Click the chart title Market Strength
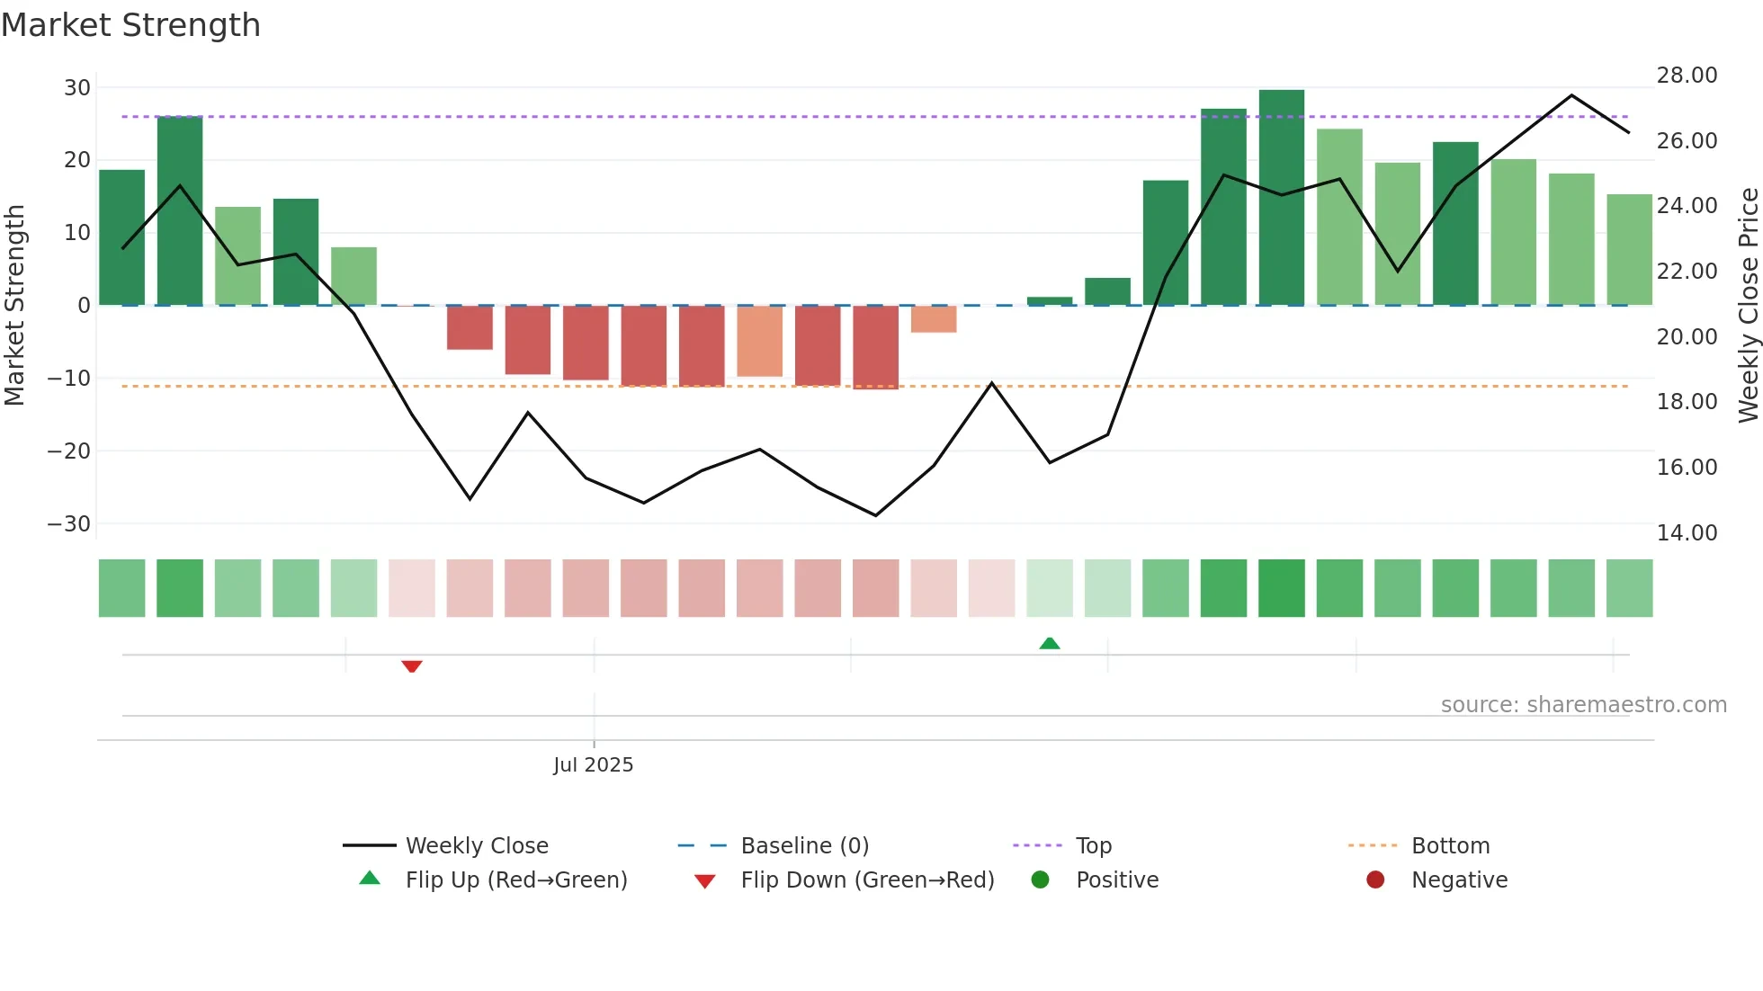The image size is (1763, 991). coord(130,25)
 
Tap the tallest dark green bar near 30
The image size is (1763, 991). coord(1281,198)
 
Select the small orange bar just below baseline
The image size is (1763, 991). coord(934,319)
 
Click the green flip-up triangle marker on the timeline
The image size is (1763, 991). coord(1050,643)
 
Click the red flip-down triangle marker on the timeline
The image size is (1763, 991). coord(412,666)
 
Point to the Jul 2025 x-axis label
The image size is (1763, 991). coord(593,764)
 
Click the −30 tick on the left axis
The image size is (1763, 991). coord(69,523)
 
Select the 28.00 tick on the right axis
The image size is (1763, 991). coord(1687,76)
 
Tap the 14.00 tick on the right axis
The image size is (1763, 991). coord(1687,532)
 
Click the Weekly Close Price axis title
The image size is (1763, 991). coord(1748,306)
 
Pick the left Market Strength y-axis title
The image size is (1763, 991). coord(14,306)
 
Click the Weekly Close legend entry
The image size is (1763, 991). coord(476,845)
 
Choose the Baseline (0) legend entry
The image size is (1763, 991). coord(804,845)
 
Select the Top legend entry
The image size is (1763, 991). coord(1093,845)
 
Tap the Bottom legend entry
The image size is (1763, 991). coord(1450,845)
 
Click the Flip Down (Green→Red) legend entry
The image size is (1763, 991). coord(867,879)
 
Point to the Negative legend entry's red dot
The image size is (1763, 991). coord(1375,879)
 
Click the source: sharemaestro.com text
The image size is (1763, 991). coord(1583,704)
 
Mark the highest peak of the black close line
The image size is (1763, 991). coord(1571,95)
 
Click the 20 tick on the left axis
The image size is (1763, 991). coord(76,160)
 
